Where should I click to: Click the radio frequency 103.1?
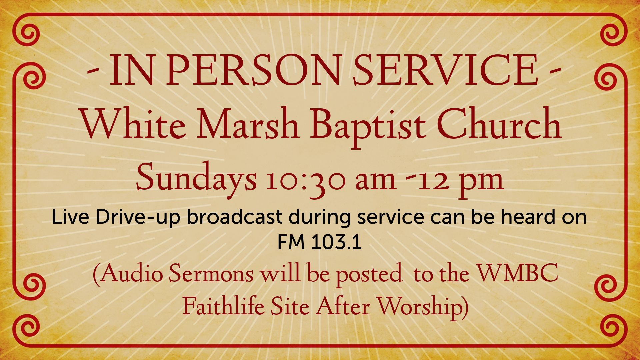point(336,242)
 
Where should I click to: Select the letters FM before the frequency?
point(291,242)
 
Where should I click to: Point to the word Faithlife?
point(224,306)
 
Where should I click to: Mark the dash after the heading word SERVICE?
point(555,71)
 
